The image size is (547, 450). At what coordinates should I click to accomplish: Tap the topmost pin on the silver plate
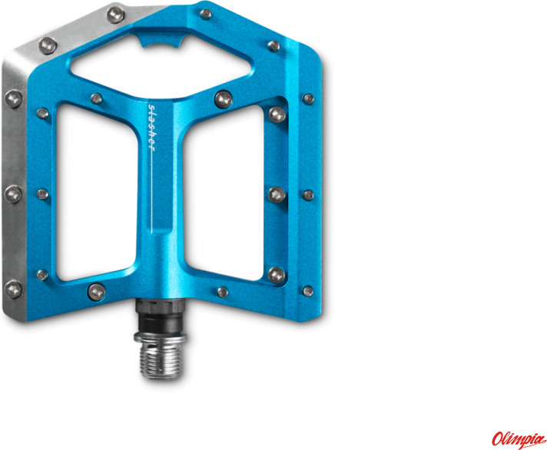click(114, 14)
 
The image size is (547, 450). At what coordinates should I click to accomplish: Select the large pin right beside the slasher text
click(224, 98)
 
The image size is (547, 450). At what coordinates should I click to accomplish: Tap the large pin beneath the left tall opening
click(97, 290)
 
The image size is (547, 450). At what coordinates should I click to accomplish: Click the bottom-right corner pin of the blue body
click(307, 290)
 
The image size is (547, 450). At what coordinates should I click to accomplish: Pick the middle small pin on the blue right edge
click(307, 194)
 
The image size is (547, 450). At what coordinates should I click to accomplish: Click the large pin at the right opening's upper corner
click(277, 115)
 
